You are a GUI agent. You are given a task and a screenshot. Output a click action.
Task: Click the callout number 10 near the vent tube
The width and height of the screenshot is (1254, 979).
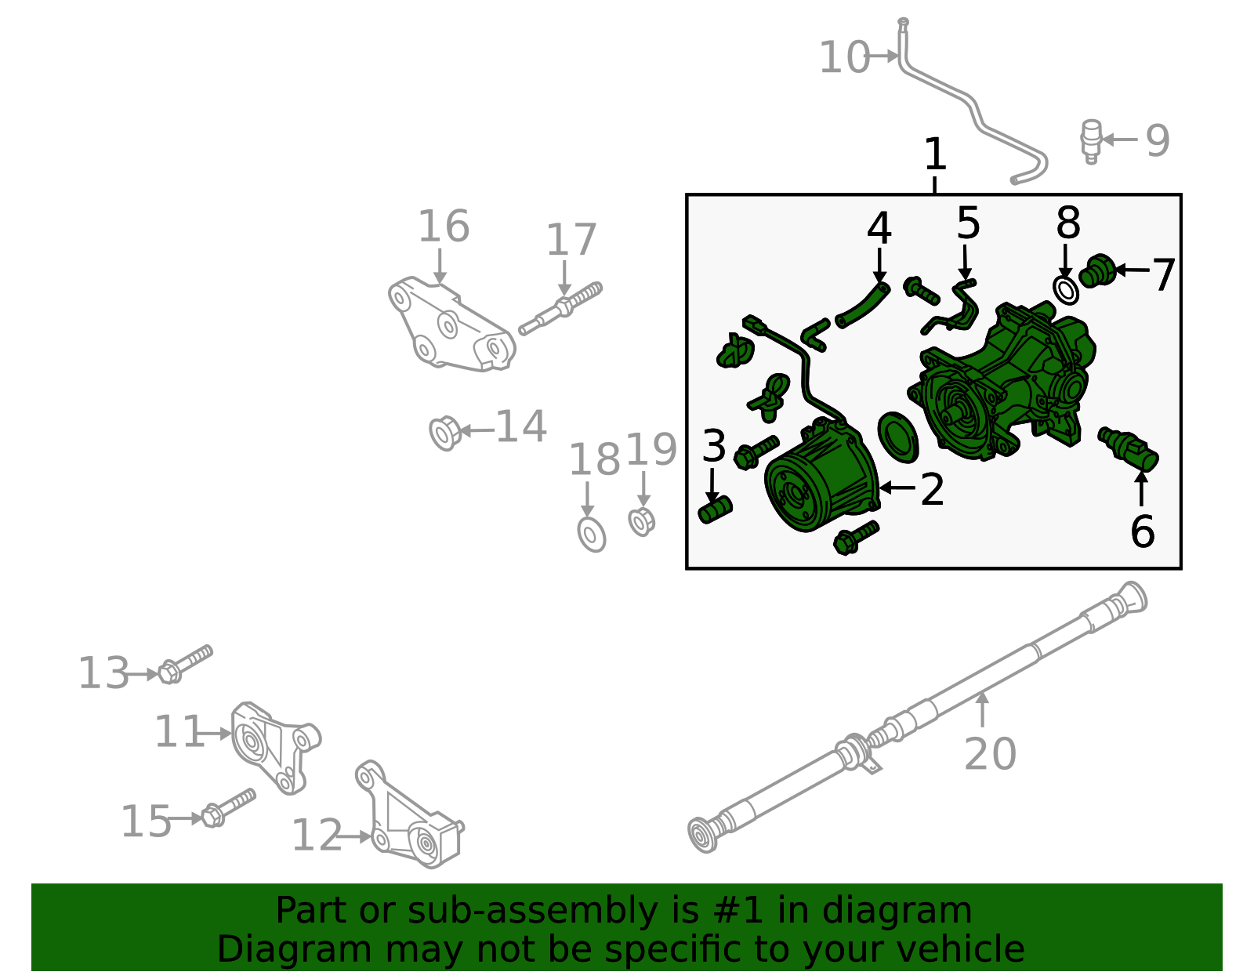[x=843, y=58]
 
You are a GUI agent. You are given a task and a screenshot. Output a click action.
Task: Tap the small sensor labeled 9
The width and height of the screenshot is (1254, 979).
[x=1090, y=140]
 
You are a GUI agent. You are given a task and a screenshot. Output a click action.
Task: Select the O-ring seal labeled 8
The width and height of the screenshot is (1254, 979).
[x=1066, y=290]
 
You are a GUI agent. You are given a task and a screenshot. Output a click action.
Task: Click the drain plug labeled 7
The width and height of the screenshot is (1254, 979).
[x=1098, y=271]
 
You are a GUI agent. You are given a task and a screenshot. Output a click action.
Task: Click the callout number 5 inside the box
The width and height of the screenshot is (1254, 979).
[x=968, y=224]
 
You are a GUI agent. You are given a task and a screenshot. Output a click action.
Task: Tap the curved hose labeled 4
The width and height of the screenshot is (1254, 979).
[x=863, y=306]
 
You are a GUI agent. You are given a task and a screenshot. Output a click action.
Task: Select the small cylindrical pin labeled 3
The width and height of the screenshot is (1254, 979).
[x=714, y=510]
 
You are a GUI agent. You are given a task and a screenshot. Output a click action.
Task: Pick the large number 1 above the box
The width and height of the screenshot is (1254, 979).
[x=935, y=154]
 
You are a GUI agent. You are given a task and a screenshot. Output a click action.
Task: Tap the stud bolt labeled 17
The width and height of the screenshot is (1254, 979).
[x=560, y=307]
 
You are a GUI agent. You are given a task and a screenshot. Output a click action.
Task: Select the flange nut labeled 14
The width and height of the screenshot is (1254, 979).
[x=444, y=433]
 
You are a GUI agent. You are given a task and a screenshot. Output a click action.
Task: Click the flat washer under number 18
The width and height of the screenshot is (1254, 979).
[x=592, y=534]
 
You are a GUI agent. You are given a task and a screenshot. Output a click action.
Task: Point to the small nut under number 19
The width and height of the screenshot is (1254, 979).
[x=641, y=521]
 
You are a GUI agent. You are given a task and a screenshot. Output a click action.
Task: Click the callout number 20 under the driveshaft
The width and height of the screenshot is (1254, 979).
[x=989, y=755]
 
